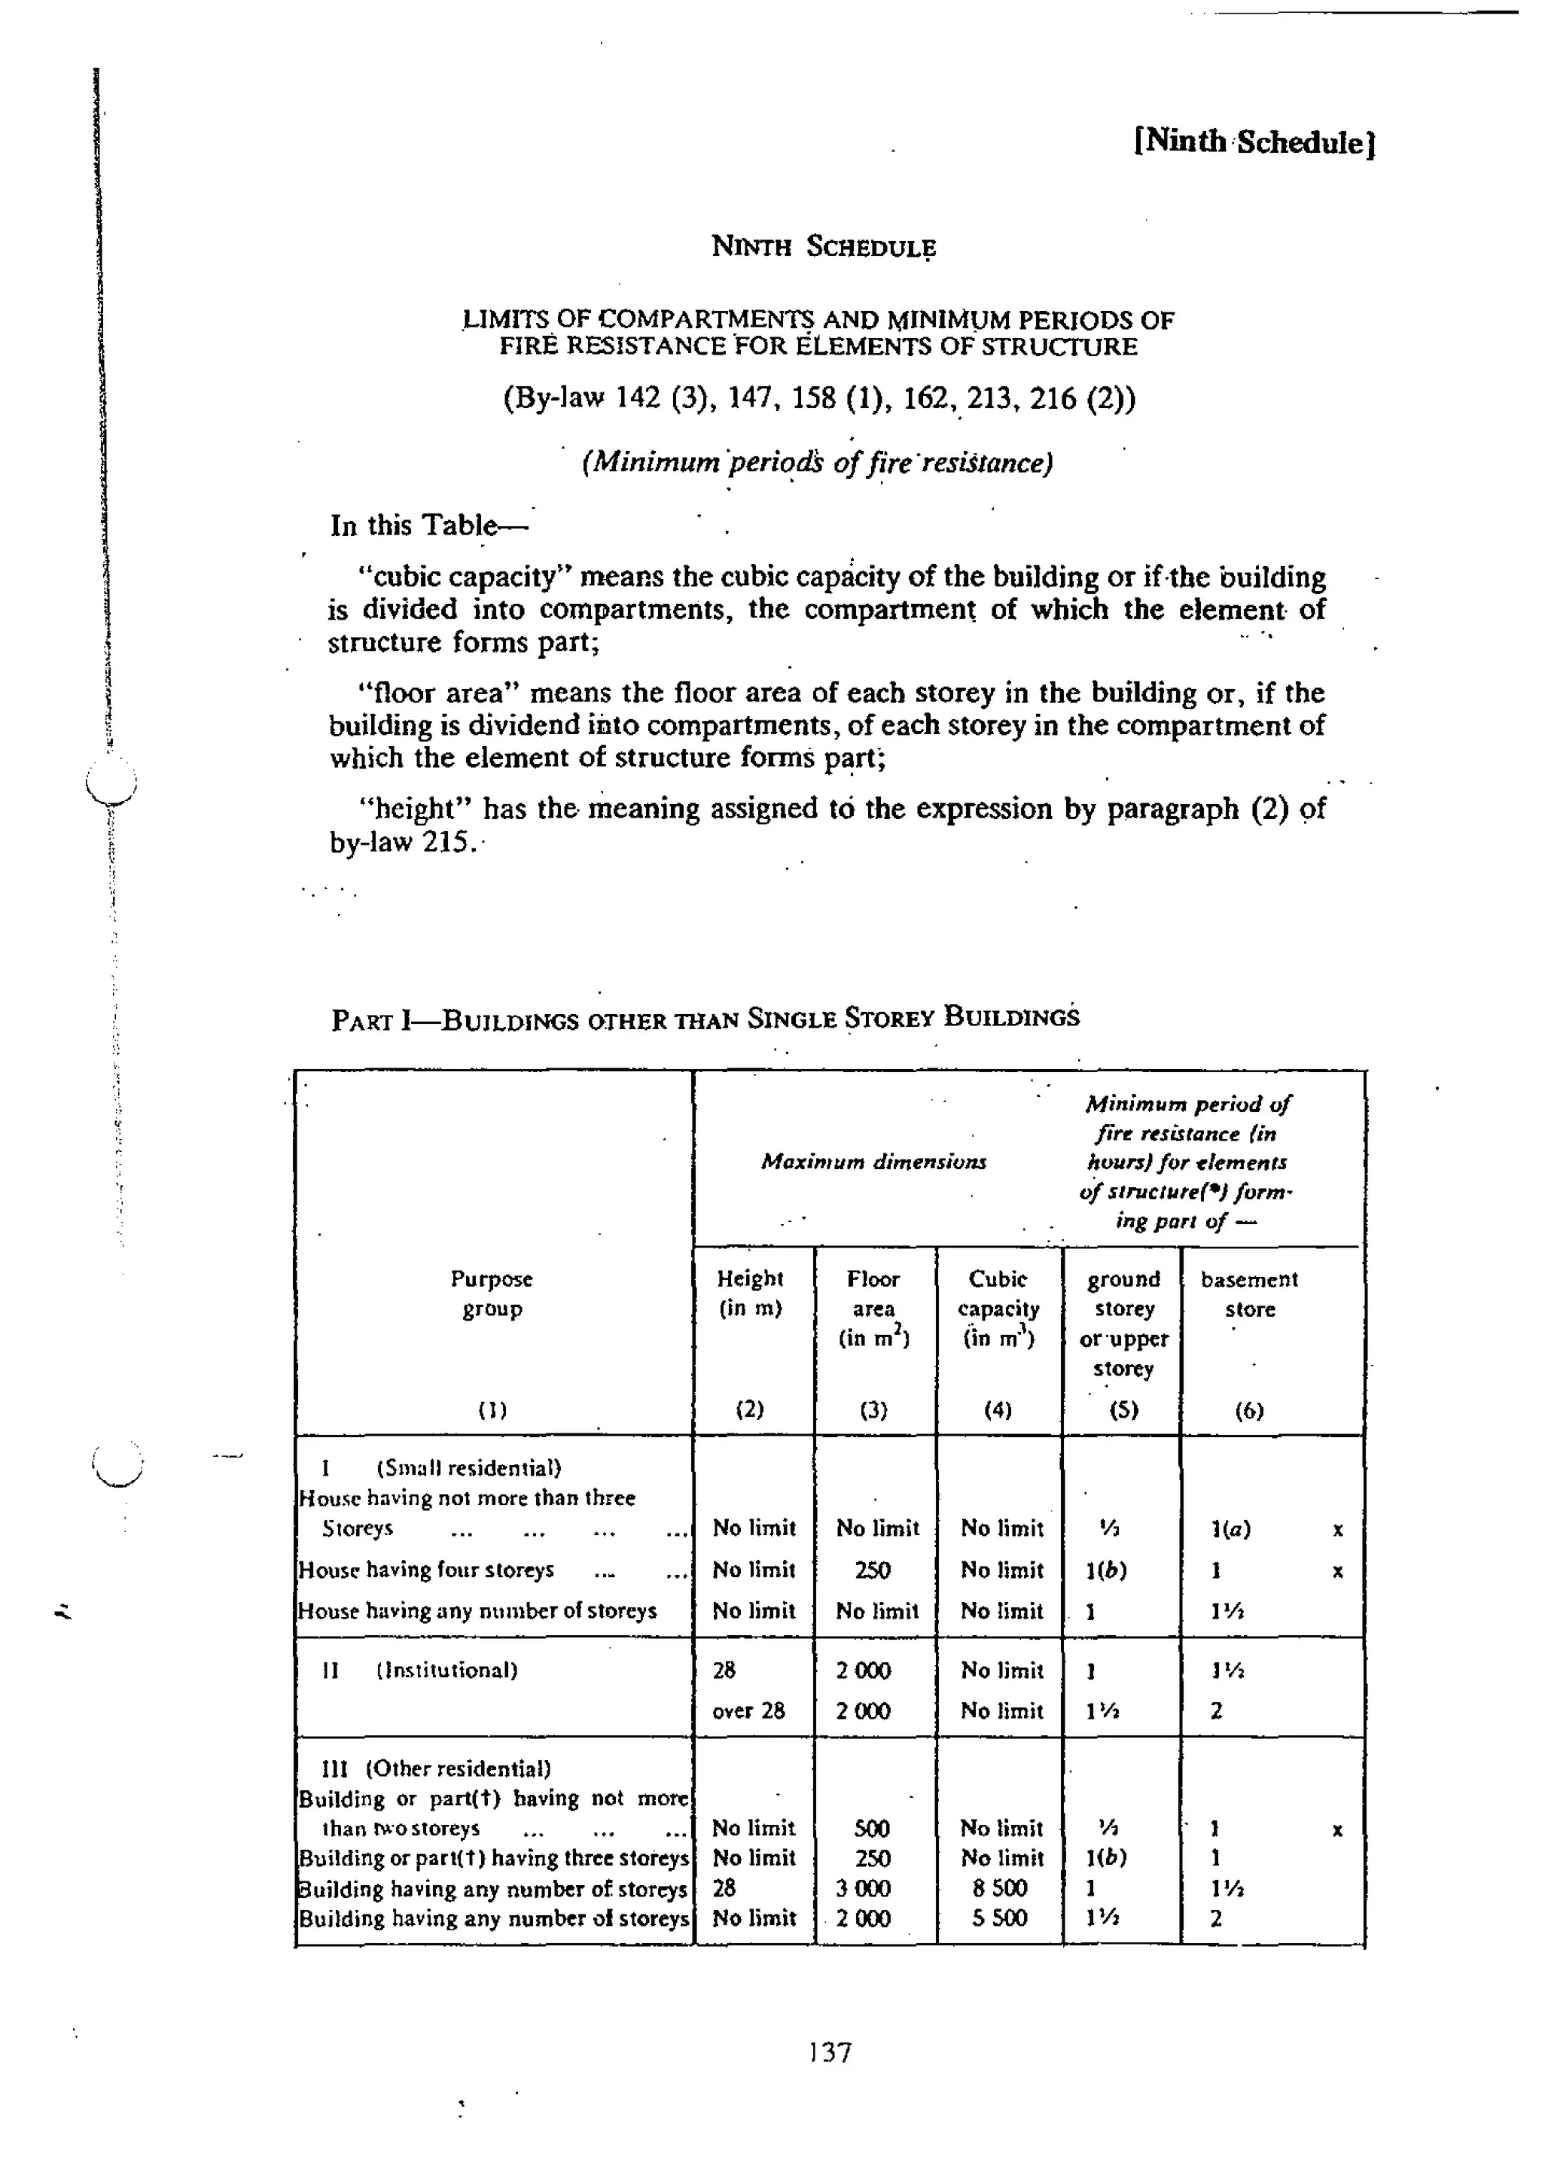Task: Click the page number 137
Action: click(830, 2053)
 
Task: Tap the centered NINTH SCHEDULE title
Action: click(823, 247)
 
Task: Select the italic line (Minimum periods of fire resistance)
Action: click(817, 462)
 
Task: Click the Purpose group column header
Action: click(491, 1294)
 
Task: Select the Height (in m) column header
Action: click(750, 1294)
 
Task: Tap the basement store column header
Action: click(1248, 1294)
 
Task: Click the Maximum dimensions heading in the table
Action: click(873, 1162)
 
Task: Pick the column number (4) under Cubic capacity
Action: click(997, 1409)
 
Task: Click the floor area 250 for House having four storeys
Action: click(871, 1570)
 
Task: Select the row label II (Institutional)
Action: click(420, 1670)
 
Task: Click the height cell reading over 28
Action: click(748, 1710)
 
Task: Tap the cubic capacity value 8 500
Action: click(998, 1887)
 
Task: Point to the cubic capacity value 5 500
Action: click(998, 1918)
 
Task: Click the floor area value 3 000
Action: click(863, 1887)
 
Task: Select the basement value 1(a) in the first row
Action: click(1231, 1529)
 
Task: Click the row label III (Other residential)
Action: click(437, 1768)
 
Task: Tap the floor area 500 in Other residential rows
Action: click(871, 1829)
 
